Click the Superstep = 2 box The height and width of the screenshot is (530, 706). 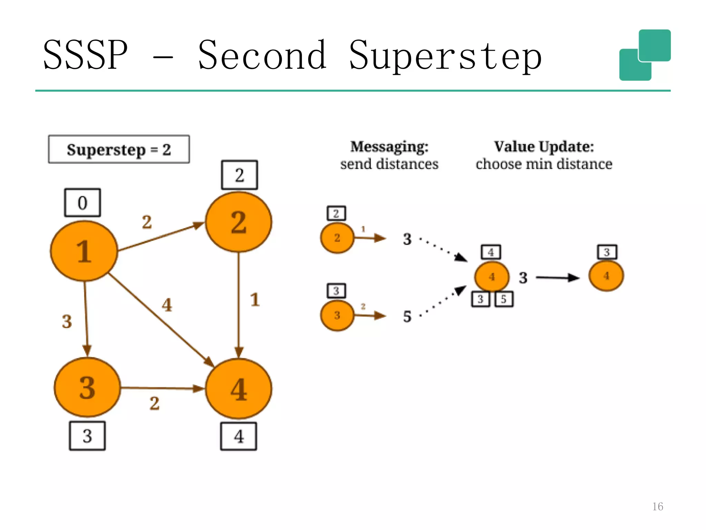(119, 149)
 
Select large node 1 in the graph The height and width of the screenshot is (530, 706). (84, 251)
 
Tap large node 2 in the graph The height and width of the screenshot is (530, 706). (239, 222)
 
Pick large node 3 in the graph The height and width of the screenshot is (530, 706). (87, 387)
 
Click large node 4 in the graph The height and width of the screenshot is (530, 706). (239, 389)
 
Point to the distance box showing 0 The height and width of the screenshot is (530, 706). (82, 203)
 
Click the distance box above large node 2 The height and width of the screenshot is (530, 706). (239, 175)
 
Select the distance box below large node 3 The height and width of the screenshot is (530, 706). (87, 436)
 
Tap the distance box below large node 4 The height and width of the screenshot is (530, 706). (239, 436)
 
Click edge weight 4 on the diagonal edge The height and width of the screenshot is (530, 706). (167, 305)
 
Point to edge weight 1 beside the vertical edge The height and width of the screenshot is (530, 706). (255, 300)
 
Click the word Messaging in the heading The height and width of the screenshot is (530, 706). (389, 147)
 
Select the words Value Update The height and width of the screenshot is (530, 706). (544, 147)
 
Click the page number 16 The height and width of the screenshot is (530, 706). (657, 506)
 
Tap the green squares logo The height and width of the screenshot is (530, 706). (645, 55)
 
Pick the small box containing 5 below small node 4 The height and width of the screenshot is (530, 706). (504, 299)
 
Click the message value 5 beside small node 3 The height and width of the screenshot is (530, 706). (407, 316)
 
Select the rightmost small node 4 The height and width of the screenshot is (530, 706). (606, 276)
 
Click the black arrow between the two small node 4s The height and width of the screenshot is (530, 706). (557, 278)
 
